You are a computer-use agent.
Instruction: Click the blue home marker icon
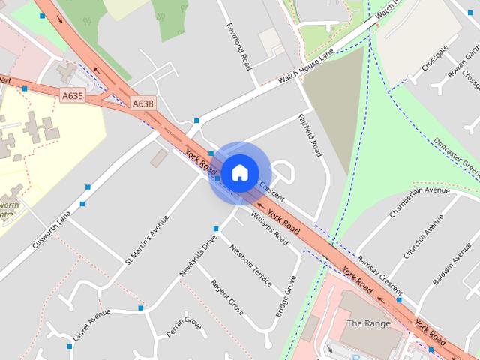tap(239, 172)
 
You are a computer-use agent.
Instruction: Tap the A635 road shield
tap(73, 95)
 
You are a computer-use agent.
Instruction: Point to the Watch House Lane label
tap(305, 67)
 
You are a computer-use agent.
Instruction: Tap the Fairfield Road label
tap(309, 136)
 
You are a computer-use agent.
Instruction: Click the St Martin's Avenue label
tap(147, 240)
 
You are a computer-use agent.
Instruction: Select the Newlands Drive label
tap(198, 255)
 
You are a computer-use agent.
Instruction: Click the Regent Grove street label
tap(227, 297)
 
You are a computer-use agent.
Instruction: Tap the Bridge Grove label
tap(286, 296)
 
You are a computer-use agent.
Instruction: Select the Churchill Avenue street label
tap(423, 237)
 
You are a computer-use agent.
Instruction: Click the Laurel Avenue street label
tap(91, 319)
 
